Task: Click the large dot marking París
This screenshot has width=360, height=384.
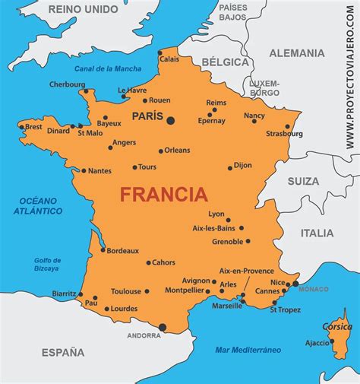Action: pyautogui.click(x=170, y=120)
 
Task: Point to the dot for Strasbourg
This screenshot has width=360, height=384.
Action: pyautogui.click(x=288, y=126)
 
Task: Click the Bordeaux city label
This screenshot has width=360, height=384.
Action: pyautogui.click(x=122, y=250)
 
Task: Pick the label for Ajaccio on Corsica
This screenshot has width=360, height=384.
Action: pyautogui.click(x=317, y=343)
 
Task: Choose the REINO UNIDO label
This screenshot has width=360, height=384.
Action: pyautogui.click(x=83, y=9)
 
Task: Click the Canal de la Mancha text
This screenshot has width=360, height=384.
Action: pyautogui.click(x=108, y=69)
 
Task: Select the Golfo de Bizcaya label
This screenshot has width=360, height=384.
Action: pyautogui.click(x=47, y=265)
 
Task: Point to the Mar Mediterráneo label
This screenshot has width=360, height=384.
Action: pyautogui.click(x=248, y=349)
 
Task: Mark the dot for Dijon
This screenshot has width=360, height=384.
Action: pyautogui.click(x=230, y=168)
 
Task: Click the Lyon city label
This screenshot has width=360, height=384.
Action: pyautogui.click(x=216, y=214)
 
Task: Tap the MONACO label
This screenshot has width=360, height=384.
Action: pyautogui.click(x=314, y=289)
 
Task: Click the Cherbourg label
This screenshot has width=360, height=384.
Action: pyautogui.click(x=67, y=84)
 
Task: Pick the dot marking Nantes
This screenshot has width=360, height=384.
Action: pyautogui.click(x=84, y=171)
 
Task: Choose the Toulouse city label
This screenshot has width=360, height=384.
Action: pyautogui.click(x=126, y=291)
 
